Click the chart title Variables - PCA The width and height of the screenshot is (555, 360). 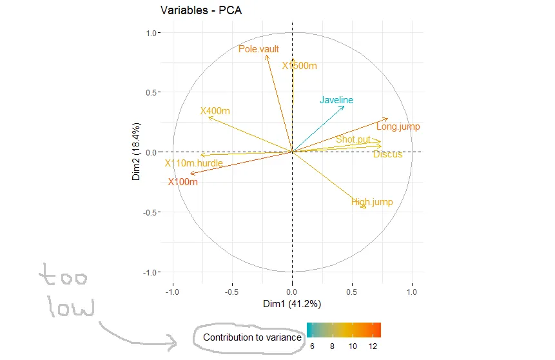(x=200, y=10)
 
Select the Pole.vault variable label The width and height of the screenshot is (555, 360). (x=258, y=49)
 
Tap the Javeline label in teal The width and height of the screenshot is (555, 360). (x=336, y=100)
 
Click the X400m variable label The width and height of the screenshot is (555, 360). (x=215, y=111)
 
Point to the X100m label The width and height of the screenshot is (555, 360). (x=182, y=182)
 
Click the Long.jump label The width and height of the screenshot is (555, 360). (x=398, y=127)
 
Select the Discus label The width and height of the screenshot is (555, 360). (x=387, y=154)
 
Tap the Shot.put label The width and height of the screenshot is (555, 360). (x=353, y=139)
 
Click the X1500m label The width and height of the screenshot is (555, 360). (x=300, y=66)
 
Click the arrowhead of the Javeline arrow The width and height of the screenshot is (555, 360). (x=344, y=106)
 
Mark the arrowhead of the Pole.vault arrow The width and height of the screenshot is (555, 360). (x=266, y=56)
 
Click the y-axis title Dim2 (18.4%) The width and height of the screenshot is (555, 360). (x=137, y=152)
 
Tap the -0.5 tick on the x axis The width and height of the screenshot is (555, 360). (x=232, y=292)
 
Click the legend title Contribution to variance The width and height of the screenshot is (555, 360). (x=252, y=337)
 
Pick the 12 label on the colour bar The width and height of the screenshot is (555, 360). (x=373, y=346)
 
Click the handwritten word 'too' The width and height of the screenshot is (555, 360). (x=64, y=278)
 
